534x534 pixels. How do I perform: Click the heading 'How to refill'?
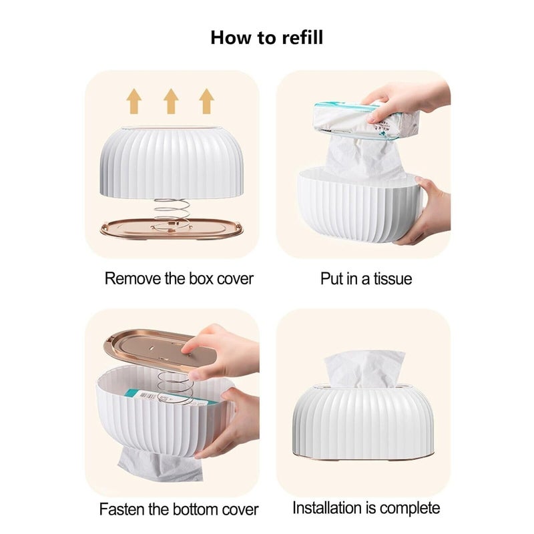click(x=266, y=37)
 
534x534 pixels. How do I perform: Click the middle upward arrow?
click(x=171, y=101)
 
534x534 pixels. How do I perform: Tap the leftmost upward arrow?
click(x=134, y=101)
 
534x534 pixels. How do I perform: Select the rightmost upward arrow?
click(x=207, y=101)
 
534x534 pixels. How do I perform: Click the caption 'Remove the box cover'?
click(x=179, y=278)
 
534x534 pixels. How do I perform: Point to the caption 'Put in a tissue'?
click(x=366, y=278)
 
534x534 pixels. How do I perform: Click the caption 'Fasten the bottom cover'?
click(x=179, y=509)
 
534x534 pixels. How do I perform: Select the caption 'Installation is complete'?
click(x=366, y=507)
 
